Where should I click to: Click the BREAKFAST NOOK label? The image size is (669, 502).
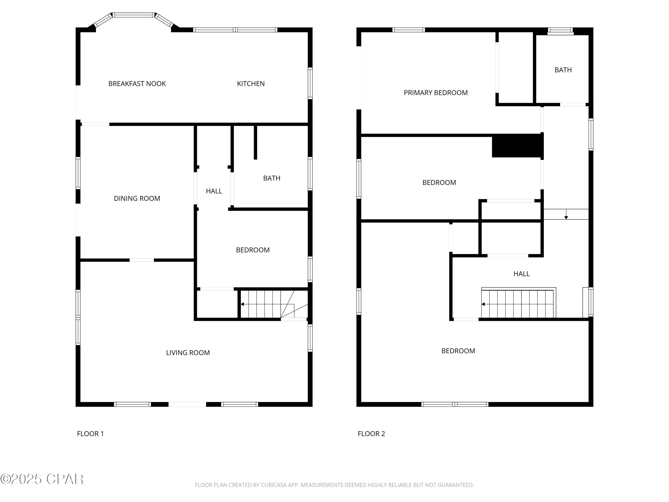[x=137, y=83]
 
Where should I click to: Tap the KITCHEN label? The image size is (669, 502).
[x=250, y=83]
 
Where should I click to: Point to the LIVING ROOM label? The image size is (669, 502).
[x=188, y=353]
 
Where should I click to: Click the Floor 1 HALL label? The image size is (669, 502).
[x=214, y=191]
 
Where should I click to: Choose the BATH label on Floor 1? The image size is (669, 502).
[x=272, y=178]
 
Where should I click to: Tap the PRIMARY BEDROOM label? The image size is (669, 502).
[x=436, y=93]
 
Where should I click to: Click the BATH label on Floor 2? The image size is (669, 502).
[x=563, y=70]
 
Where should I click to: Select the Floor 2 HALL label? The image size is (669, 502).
[x=521, y=274]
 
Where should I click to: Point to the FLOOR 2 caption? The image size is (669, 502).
[x=371, y=434]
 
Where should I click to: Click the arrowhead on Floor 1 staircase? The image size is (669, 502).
[x=242, y=304]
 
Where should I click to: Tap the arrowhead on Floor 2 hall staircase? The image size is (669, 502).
[x=483, y=304]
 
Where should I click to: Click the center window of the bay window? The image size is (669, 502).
[x=133, y=15]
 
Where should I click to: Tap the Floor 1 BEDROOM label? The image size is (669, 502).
[x=252, y=250]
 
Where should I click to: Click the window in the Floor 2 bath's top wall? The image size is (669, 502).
[x=560, y=30]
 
